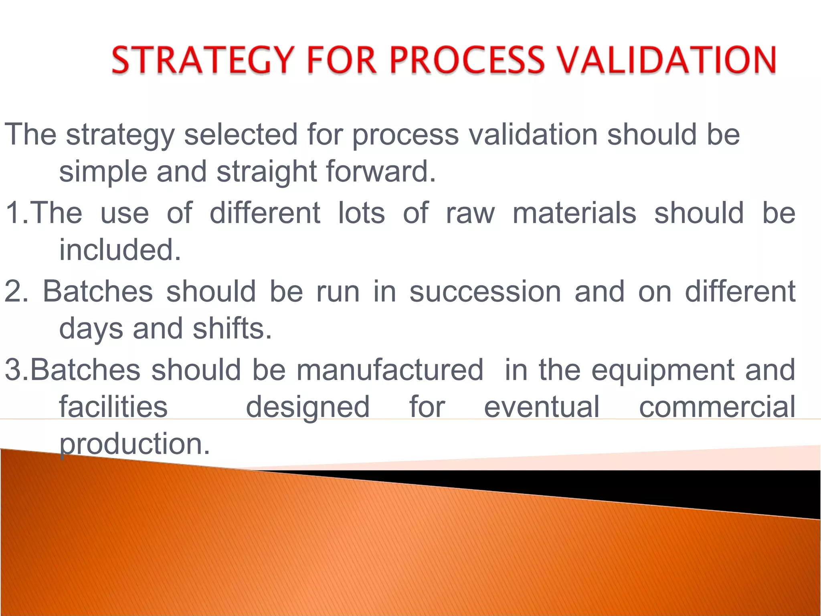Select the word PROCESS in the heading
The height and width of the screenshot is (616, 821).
[x=466, y=60]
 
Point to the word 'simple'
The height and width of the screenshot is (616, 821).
[x=103, y=172]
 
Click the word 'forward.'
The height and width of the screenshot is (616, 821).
[x=380, y=171]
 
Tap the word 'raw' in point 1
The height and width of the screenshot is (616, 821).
[x=470, y=213]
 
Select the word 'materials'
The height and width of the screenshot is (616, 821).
[x=574, y=213]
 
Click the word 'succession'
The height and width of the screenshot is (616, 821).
[x=485, y=292]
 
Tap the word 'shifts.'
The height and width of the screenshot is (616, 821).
[x=232, y=328]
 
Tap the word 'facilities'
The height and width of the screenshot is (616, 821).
[x=113, y=407]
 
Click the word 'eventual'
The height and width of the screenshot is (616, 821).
[x=542, y=407]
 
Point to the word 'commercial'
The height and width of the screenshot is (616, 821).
[x=717, y=407]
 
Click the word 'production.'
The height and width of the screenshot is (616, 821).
[x=135, y=444]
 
